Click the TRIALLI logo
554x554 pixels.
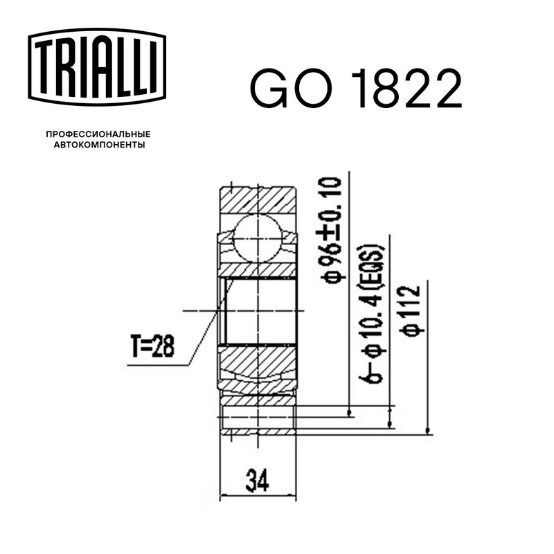click(x=97, y=66)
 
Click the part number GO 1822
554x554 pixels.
click(x=356, y=89)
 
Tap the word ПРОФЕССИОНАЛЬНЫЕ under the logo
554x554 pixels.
click(x=98, y=134)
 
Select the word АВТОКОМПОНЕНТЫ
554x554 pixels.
click(x=99, y=145)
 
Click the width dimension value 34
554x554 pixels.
click(x=257, y=481)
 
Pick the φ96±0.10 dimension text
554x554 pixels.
click(x=331, y=231)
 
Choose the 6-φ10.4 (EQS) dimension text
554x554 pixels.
click(x=371, y=314)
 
